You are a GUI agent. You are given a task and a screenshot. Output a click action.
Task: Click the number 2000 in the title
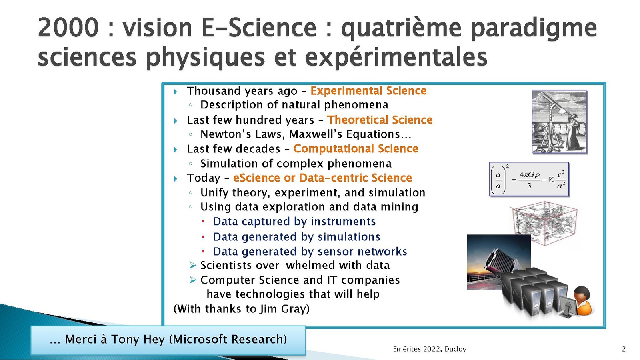[x=68, y=28]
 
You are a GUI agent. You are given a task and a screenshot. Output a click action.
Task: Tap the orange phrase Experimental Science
[x=368, y=91]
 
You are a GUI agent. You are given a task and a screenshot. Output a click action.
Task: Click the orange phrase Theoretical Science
[x=380, y=120]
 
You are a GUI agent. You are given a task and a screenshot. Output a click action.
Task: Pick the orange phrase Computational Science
[x=356, y=149]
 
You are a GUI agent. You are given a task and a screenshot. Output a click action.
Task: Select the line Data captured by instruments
[x=294, y=222]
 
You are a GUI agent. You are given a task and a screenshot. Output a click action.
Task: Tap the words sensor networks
[x=362, y=252]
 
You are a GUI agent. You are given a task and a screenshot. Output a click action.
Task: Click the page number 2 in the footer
[x=624, y=349]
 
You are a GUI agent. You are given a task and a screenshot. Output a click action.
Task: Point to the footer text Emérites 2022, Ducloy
[x=430, y=349]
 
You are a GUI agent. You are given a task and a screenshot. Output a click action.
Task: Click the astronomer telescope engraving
[x=559, y=122]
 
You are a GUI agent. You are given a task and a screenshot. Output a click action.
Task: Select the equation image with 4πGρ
[x=529, y=179]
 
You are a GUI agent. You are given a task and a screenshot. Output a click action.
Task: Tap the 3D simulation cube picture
[x=544, y=223]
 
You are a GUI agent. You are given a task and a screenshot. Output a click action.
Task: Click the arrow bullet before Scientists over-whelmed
[x=193, y=266]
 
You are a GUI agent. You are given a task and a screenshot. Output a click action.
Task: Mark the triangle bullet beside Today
[x=176, y=179]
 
